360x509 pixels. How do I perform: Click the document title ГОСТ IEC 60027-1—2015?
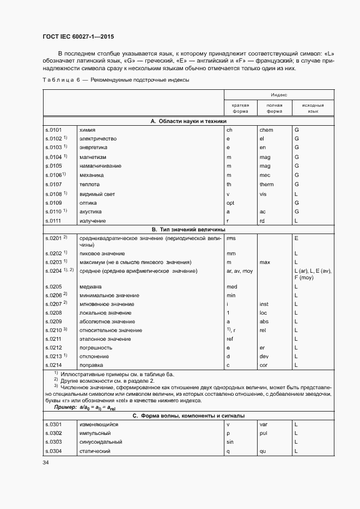[78, 37]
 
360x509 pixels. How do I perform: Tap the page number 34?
[46, 462]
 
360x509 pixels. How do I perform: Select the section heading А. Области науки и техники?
[188, 121]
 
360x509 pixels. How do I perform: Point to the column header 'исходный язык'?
[313, 108]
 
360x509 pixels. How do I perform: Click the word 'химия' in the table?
[88, 130]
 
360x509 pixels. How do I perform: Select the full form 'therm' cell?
[267, 185]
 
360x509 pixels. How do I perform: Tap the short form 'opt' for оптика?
[231, 203]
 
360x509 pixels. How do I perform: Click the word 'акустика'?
[90, 212]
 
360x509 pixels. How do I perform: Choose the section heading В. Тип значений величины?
[188, 230]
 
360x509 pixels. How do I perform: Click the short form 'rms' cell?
[231, 238]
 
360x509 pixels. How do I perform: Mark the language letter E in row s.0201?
[296, 238]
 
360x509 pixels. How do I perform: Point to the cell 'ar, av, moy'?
[240, 271]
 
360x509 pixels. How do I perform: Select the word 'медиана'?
[91, 286]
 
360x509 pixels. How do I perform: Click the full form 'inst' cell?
[264, 304]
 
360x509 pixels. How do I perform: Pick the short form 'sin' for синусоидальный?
[230, 442]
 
